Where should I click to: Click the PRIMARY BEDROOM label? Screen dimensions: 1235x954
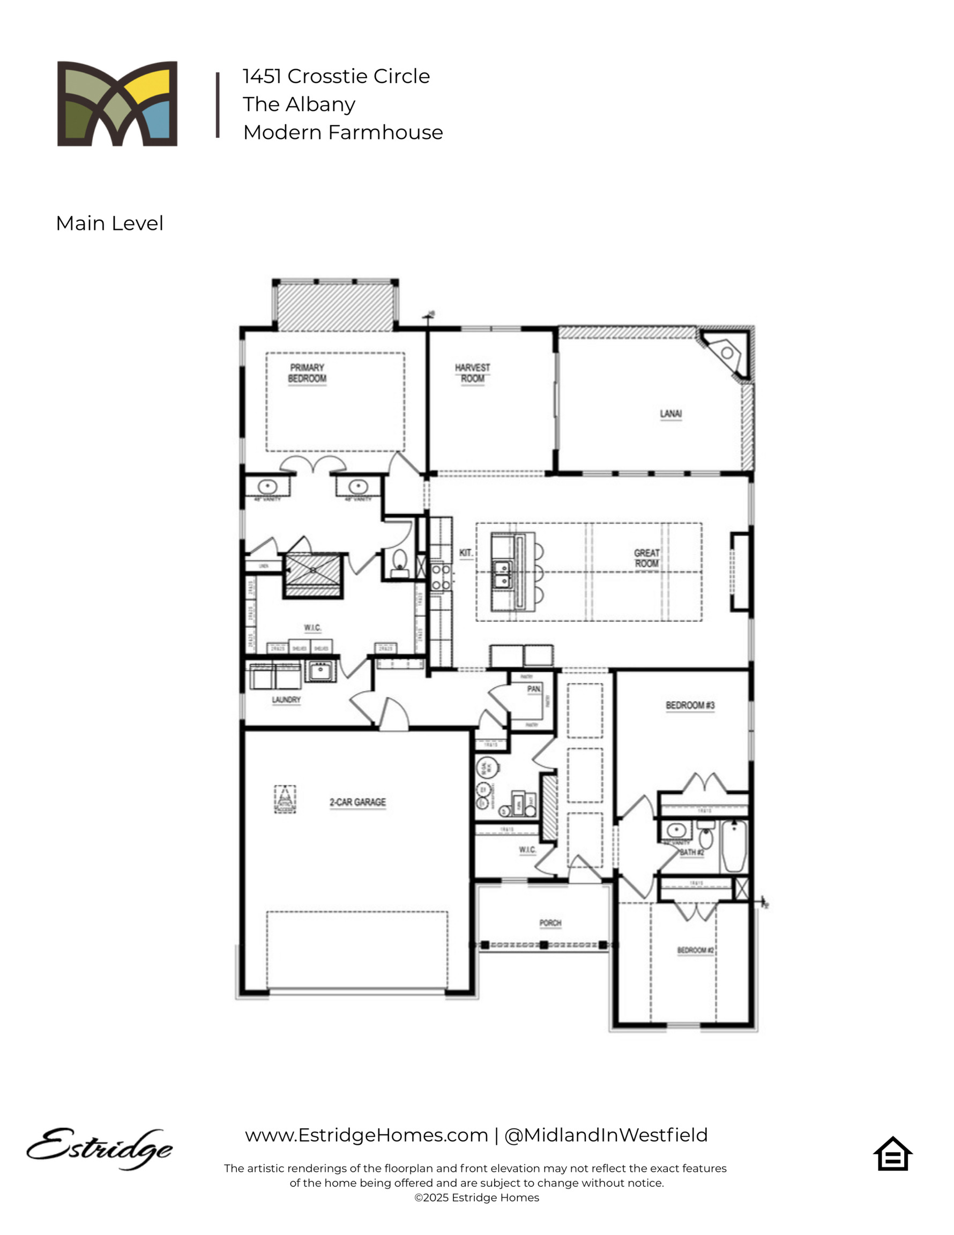coord(307,373)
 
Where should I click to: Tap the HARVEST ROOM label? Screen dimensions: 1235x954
coord(472,373)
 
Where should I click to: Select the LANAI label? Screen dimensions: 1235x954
coord(670,414)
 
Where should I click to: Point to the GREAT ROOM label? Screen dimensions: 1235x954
coord(646,558)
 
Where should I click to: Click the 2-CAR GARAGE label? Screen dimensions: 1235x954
coord(357,802)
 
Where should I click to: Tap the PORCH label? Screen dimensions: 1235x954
coord(550,923)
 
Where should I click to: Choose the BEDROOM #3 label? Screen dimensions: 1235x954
coord(689,705)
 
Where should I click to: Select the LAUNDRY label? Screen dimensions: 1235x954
coord(286,700)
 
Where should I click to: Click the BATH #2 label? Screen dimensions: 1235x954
coord(691,852)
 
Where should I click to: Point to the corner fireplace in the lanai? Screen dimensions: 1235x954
coord(727,353)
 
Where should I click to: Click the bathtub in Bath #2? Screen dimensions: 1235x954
coord(734,846)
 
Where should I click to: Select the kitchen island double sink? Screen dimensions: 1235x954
coord(501,574)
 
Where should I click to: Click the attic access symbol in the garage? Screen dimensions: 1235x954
coord(285,799)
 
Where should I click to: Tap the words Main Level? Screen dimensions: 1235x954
coord(109,224)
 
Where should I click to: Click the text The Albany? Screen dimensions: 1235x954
coord(299,104)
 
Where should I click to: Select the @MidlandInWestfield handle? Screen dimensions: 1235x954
coord(606,1135)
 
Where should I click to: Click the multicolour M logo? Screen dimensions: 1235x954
coord(117,104)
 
